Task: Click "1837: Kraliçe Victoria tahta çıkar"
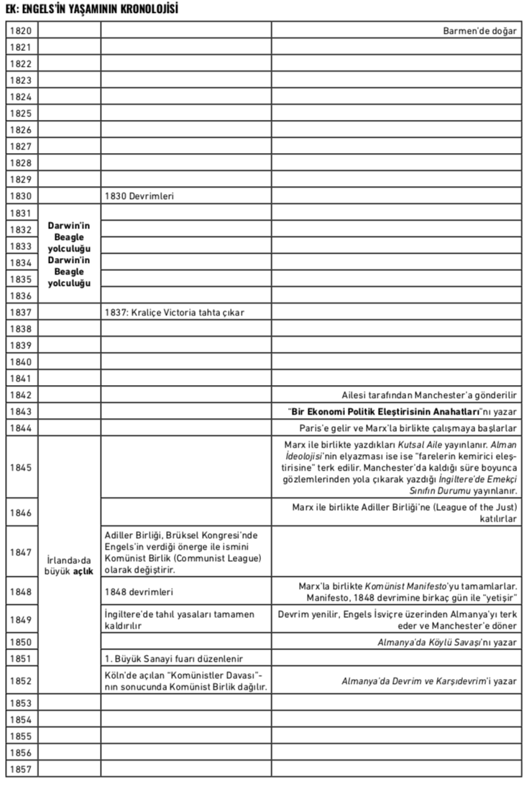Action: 177,312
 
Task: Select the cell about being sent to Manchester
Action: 430,395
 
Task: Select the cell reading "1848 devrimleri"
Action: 139,592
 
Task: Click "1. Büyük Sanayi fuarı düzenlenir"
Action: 173,659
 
